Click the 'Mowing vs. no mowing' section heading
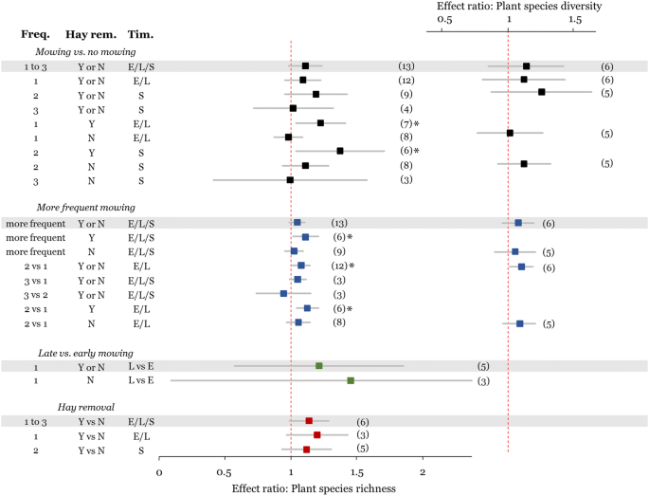[x=84, y=51]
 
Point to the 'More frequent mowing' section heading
[x=85, y=207]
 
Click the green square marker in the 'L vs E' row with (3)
[x=351, y=380]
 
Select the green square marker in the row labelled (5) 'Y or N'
[x=319, y=366]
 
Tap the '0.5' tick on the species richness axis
[x=225, y=471]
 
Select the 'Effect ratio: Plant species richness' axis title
[x=314, y=487]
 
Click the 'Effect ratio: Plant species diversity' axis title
[x=513, y=6]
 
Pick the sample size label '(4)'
[x=406, y=109]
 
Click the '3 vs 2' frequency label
[x=35, y=294]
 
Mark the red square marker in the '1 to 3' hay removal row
[x=309, y=421]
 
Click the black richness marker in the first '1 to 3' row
[x=305, y=66]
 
